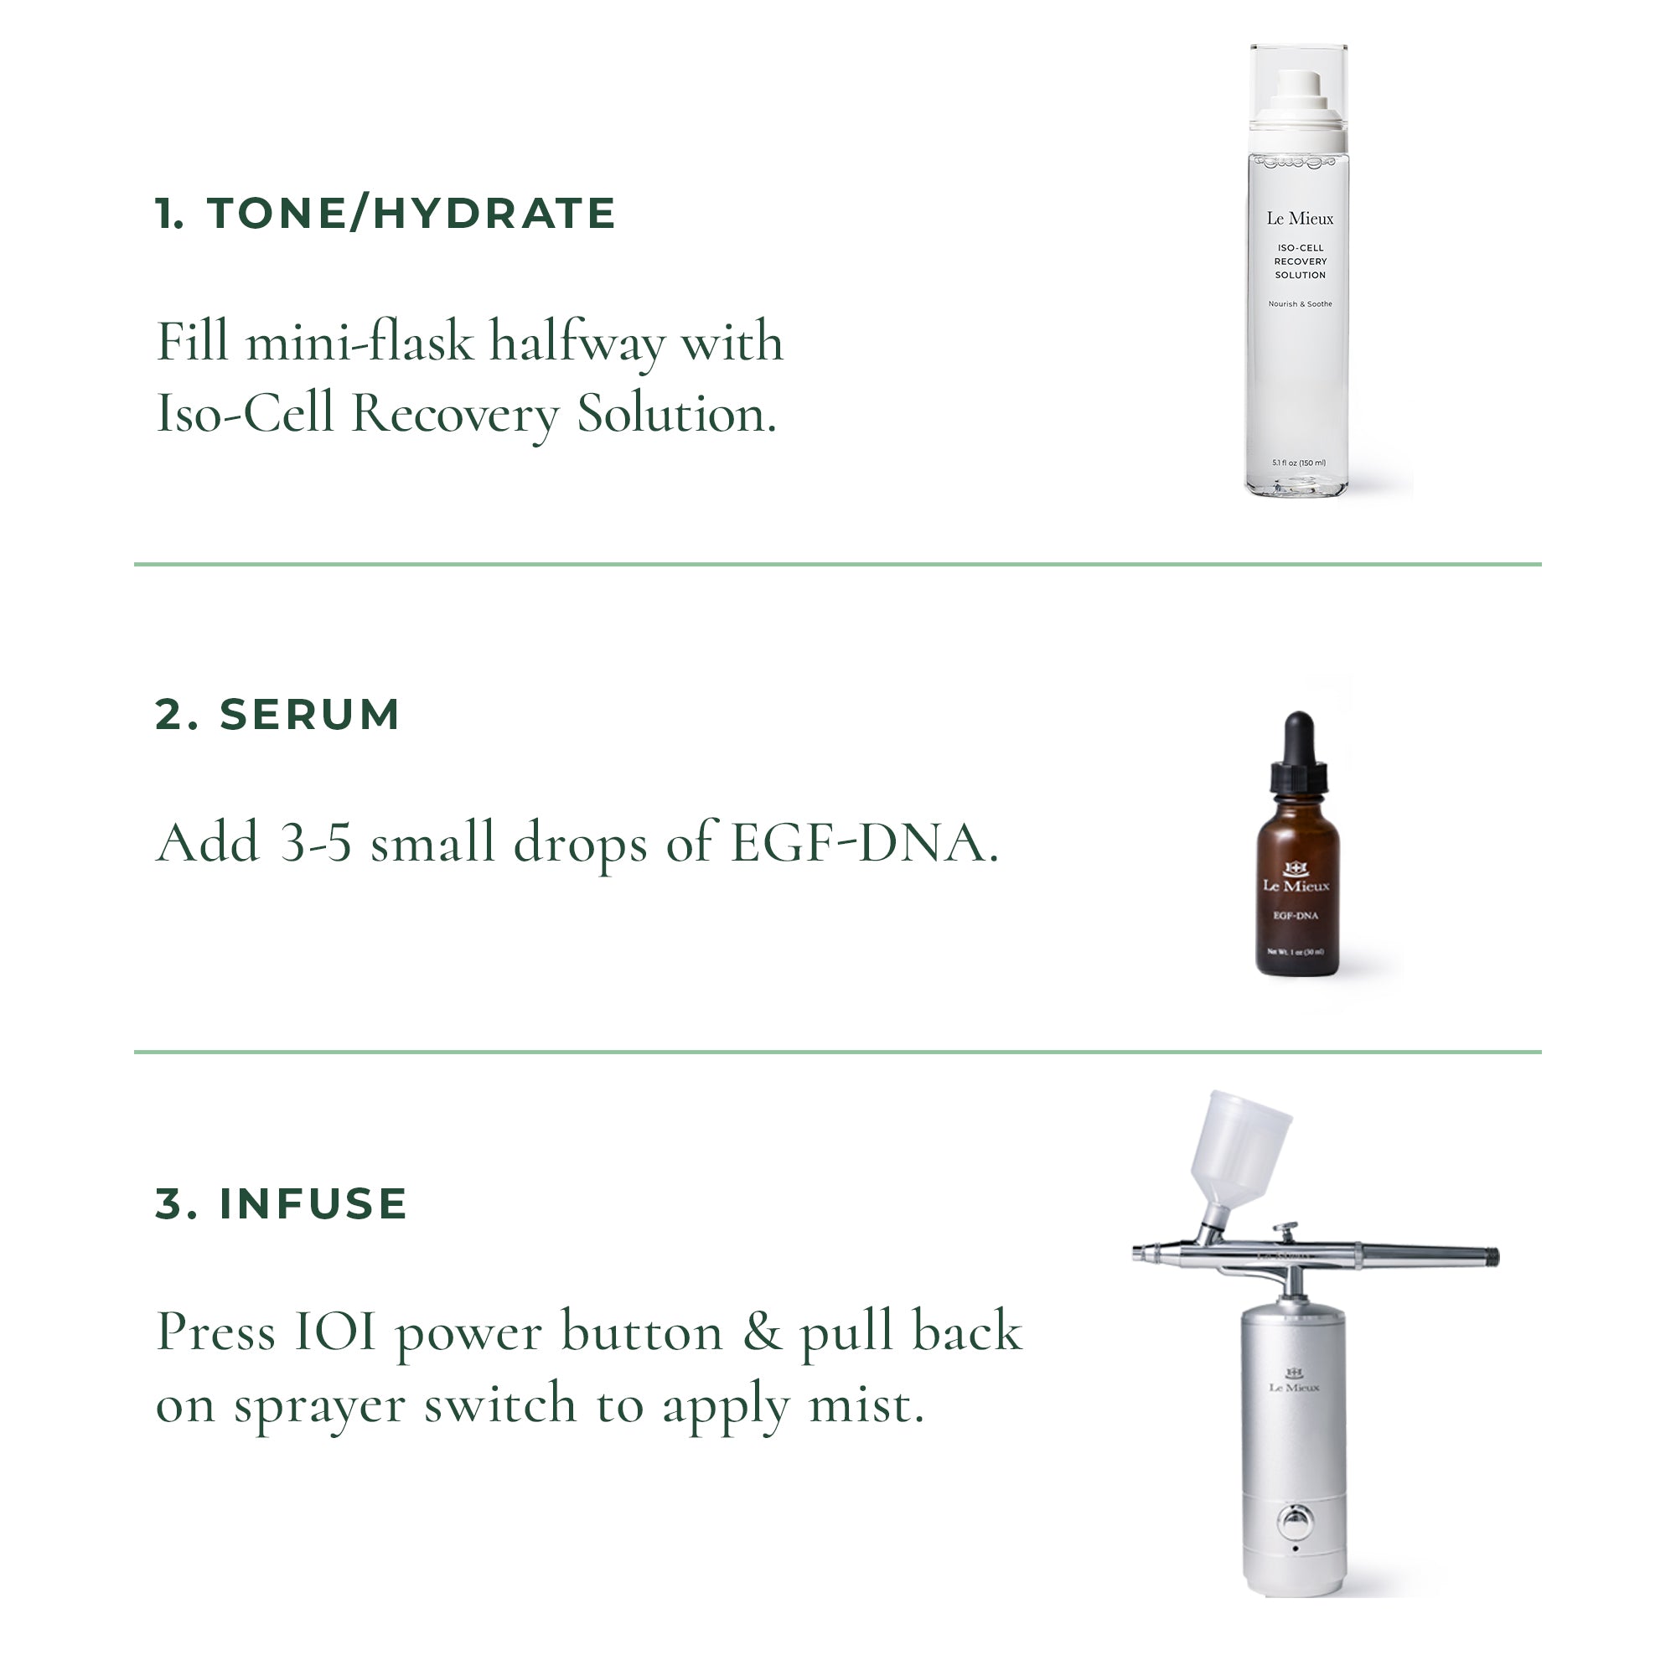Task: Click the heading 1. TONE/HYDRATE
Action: click(385, 214)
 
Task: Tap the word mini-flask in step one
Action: click(360, 342)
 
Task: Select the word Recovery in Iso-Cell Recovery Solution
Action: click(454, 414)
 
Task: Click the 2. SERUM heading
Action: click(277, 715)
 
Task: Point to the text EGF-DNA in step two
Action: click(864, 843)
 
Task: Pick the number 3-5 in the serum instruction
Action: click(316, 843)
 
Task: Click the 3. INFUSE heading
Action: click(281, 1204)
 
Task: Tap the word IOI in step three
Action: click(335, 1332)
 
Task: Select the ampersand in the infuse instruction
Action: click(761, 1332)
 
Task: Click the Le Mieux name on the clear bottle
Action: click(1300, 219)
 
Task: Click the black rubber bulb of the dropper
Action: click(1299, 737)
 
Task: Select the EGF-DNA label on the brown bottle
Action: click(1296, 916)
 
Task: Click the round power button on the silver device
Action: click(1295, 1520)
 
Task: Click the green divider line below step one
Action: click(838, 565)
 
